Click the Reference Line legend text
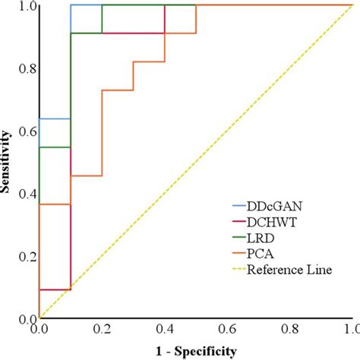(x=292, y=270)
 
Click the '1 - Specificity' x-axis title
(x=194, y=351)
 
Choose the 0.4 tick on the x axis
(x=163, y=331)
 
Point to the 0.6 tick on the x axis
(x=226, y=331)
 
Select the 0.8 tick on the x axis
(x=289, y=331)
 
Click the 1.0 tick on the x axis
(x=350, y=331)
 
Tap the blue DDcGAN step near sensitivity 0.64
(x=54, y=118)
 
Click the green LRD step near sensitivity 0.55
(x=54, y=147)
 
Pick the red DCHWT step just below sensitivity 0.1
(x=54, y=289)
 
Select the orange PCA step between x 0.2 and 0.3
(x=118, y=90)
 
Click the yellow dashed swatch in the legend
(x=242, y=270)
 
